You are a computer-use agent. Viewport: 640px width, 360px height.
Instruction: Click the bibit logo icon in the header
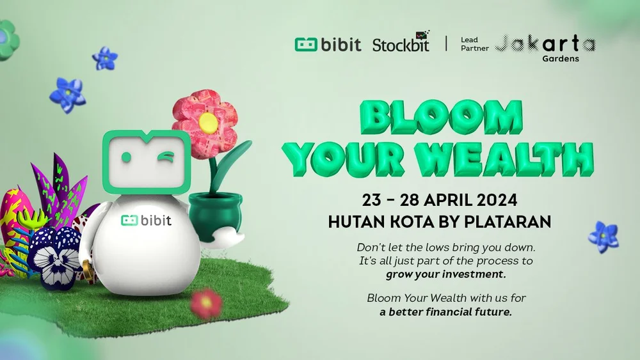305,44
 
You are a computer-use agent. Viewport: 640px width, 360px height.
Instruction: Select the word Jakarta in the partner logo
545,43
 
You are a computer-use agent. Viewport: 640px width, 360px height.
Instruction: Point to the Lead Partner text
474,44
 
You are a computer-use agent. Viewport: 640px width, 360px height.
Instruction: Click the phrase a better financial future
446,312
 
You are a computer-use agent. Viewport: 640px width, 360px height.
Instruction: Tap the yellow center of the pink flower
207,121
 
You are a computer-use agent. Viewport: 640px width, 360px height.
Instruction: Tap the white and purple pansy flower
56,257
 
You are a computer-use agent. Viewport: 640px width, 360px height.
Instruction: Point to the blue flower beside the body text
604,237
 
